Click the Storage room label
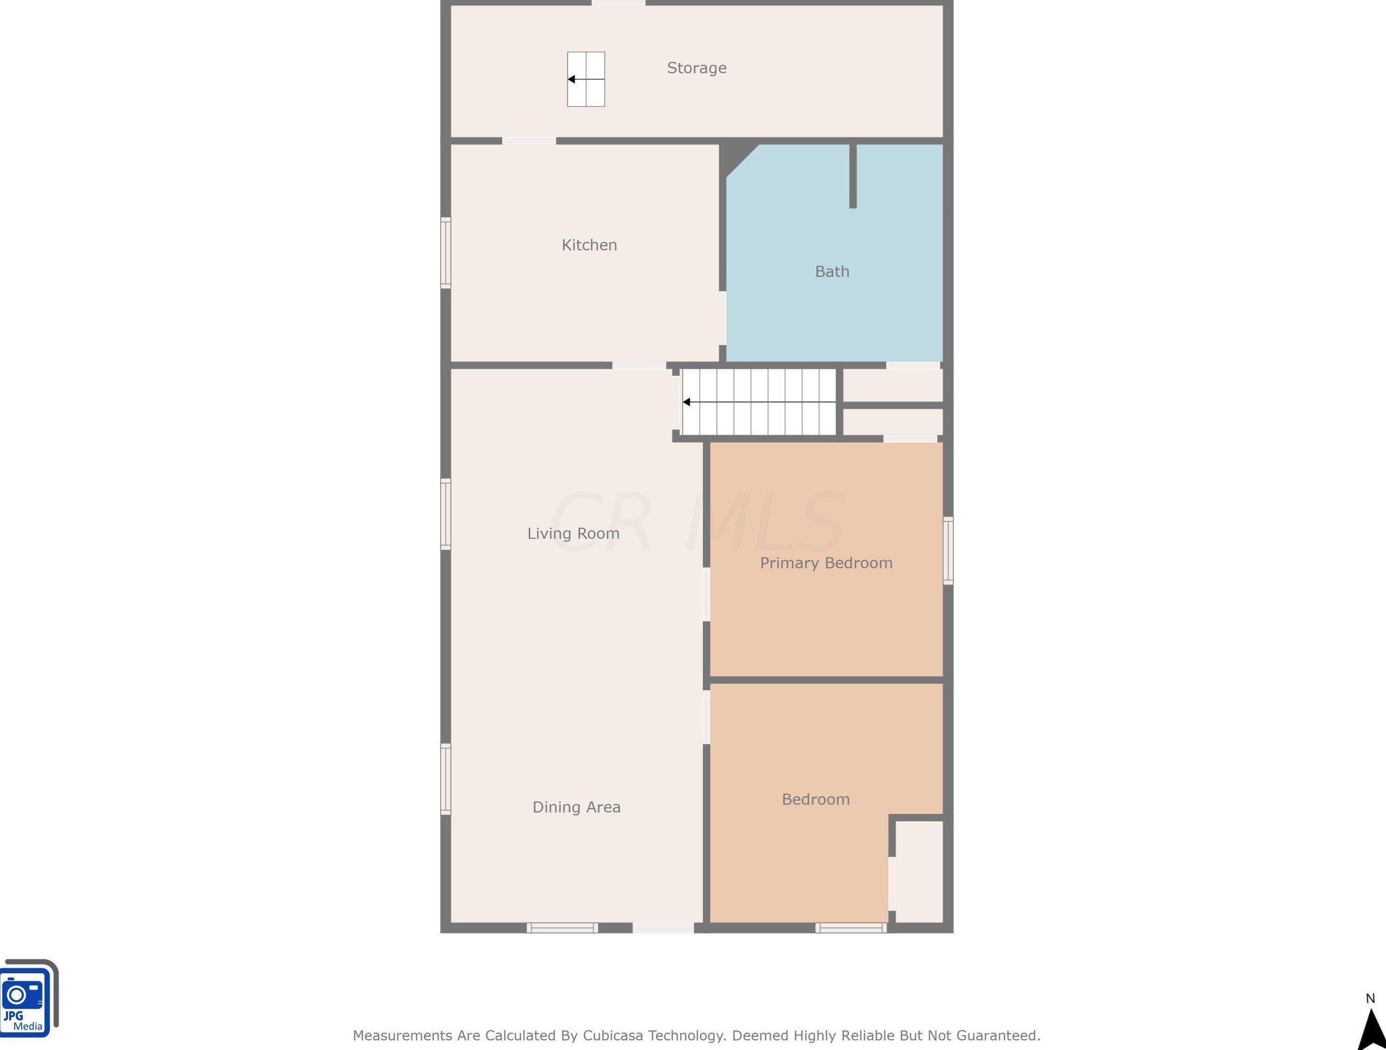pyautogui.click(x=697, y=68)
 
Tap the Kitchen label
pyautogui.click(x=589, y=245)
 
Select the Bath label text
pyautogui.click(x=832, y=271)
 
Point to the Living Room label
pyautogui.click(x=573, y=533)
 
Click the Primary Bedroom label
pyautogui.click(x=826, y=563)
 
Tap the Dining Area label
pyautogui.click(x=576, y=807)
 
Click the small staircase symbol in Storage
pyautogui.click(x=586, y=79)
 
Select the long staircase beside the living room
pyautogui.click(x=759, y=402)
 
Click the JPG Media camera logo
pyautogui.click(x=29, y=997)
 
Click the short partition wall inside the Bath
pyautogui.click(x=853, y=176)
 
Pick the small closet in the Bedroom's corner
pyautogui.click(x=919, y=871)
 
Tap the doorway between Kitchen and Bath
pyautogui.click(x=723, y=318)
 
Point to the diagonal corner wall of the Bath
pyautogui.click(x=739, y=160)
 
